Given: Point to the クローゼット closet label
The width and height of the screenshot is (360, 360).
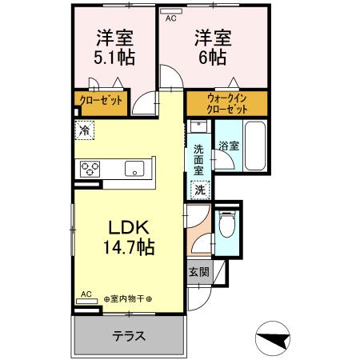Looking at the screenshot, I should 101,101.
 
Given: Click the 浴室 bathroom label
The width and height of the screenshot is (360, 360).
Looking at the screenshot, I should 229,146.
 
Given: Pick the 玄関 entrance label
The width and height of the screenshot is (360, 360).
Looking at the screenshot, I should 200,272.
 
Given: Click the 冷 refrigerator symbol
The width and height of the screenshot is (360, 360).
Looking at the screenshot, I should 85,127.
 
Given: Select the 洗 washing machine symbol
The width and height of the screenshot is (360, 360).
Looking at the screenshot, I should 199,190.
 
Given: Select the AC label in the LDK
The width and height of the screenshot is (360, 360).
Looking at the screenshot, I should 87,294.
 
